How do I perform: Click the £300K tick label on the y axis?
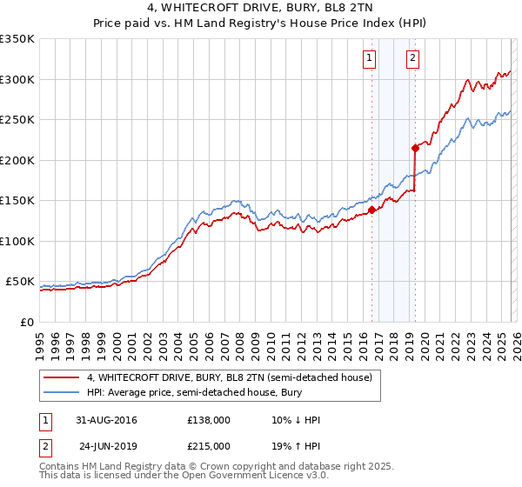pyautogui.click(x=17, y=79)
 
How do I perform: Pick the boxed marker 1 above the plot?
pyautogui.click(x=370, y=59)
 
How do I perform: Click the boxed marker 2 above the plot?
pyautogui.click(x=412, y=59)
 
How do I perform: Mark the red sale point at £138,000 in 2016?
pyautogui.click(x=371, y=210)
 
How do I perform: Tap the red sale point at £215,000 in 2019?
pyautogui.click(x=415, y=148)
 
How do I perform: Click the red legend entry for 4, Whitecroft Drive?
pyautogui.click(x=230, y=377)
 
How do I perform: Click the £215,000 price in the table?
pyautogui.click(x=209, y=445)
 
